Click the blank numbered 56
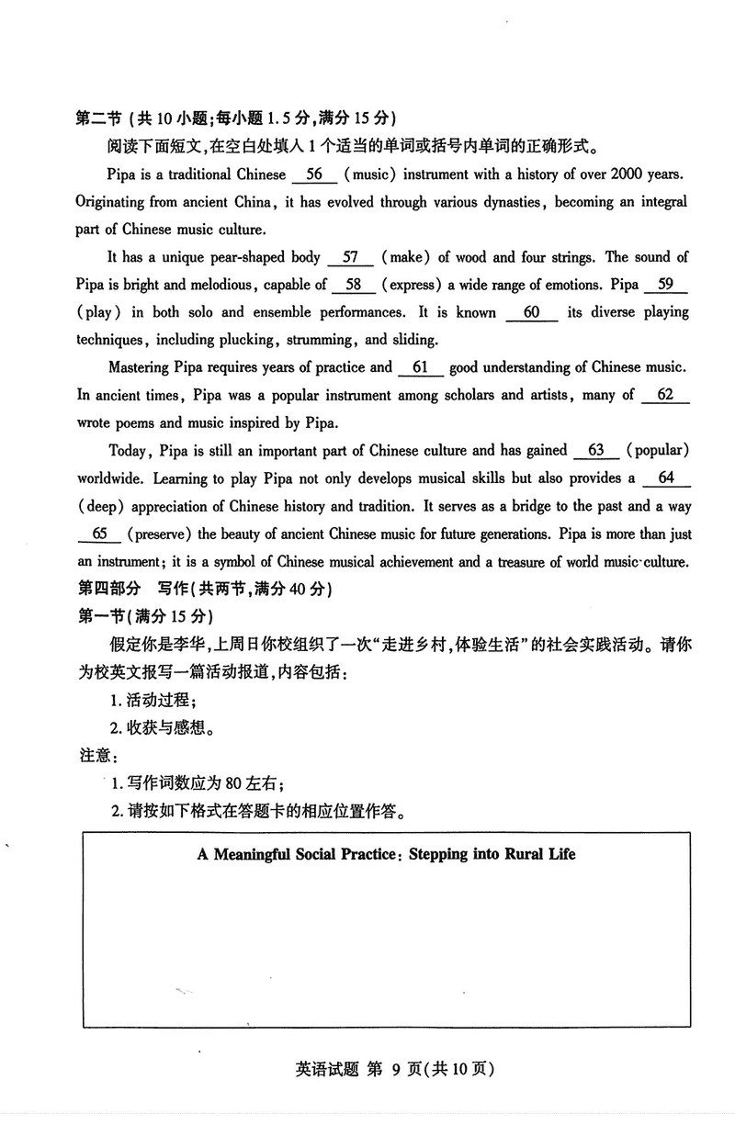pos(313,174)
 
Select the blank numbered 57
pos(350,257)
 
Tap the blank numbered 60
pos(531,312)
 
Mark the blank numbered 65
pos(100,534)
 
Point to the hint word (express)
pos(412,285)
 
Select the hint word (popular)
pos(658,450)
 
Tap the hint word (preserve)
pos(159,534)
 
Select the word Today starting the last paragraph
pos(127,450)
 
